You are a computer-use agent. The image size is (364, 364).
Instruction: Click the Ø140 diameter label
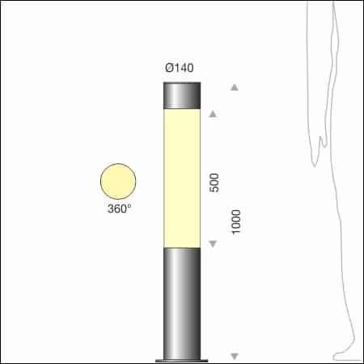point(179,68)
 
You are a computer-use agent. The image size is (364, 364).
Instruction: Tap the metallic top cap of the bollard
point(182,95)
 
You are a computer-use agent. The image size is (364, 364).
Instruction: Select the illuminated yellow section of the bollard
point(182,178)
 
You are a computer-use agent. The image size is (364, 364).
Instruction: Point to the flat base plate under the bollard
point(182,359)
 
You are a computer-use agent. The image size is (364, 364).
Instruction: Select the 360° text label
point(119,209)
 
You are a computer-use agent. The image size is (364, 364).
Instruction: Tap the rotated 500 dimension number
point(214,181)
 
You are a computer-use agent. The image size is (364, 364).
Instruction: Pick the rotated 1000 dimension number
point(236,222)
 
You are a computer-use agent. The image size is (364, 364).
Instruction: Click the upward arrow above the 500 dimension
point(214,114)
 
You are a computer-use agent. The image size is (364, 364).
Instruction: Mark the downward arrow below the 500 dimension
point(214,243)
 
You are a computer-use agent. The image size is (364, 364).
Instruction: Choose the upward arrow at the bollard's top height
point(235,87)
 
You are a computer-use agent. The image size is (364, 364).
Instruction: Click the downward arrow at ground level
point(235,357)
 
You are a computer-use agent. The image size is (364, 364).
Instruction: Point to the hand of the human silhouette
point(322,150)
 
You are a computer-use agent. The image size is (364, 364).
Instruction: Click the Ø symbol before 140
point(168,68)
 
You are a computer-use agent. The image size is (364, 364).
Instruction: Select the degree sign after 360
point(129,205)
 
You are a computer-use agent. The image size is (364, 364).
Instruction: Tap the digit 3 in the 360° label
point(110,209)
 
